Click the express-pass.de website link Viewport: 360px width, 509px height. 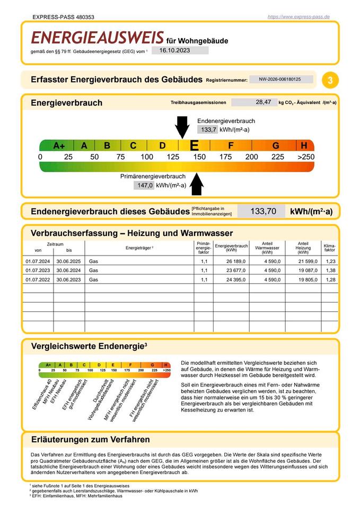point(298,17)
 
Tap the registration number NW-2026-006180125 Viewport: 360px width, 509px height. point(280,79)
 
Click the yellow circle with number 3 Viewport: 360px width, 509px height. point(330,80)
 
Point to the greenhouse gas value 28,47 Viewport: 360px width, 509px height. point(263,102)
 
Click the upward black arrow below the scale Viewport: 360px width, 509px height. point(197,184)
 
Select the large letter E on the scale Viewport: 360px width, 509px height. point(194,146)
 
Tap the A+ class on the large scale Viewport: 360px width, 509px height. point(59,146)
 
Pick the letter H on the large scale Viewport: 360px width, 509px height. point(304,146)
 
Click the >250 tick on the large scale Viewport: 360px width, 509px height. point(305,157)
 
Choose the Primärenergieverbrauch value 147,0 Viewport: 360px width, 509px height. point(145,186)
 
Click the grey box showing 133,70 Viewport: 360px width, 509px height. point(263,211)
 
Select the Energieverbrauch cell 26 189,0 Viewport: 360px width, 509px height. point(236,261)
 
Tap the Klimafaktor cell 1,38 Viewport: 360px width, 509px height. point(330,270)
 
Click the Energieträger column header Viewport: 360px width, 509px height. point(139,248)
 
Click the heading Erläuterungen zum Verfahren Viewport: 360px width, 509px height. point(90,440)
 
